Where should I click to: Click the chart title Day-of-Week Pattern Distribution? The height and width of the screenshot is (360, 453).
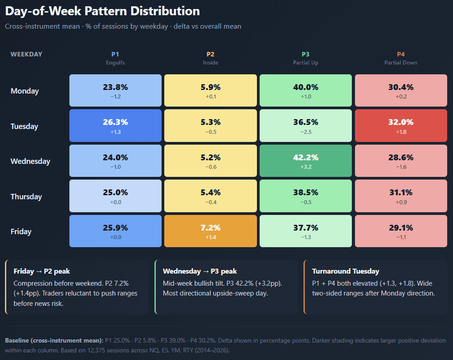pos(103,11)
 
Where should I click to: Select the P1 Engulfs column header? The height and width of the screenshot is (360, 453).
pos(115,58)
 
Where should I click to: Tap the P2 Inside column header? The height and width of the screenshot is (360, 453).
pos(210,58)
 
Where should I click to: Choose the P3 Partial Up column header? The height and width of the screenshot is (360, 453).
pos(306,58)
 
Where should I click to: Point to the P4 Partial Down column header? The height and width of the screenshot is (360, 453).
pos(401,58)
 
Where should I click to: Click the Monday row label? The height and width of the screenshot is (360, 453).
pos(25,91)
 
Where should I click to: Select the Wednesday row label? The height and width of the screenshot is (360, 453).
pos(30,161)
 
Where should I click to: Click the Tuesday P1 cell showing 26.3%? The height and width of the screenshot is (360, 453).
pos(115,125)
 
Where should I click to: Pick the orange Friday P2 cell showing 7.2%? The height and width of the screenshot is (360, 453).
pos(210,231)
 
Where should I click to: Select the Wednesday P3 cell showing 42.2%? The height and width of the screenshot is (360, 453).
pos(306,161)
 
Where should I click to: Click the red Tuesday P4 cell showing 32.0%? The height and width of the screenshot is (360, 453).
pos(401,125)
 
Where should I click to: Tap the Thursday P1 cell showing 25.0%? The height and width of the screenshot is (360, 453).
pos(115,196)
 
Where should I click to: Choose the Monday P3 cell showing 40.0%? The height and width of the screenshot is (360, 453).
pos(306,90)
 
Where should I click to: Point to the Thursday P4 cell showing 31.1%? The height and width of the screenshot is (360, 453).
pos(401,196)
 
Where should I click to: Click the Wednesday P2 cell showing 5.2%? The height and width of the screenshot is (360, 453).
pos(210,161)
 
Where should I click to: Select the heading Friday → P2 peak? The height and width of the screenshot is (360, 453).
pos(42,271)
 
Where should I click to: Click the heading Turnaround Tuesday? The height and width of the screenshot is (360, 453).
pos(346,271)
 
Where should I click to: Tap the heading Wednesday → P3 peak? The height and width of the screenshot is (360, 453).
pos(200,271)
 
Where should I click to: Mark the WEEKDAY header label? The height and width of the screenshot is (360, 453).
pos(26,54)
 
